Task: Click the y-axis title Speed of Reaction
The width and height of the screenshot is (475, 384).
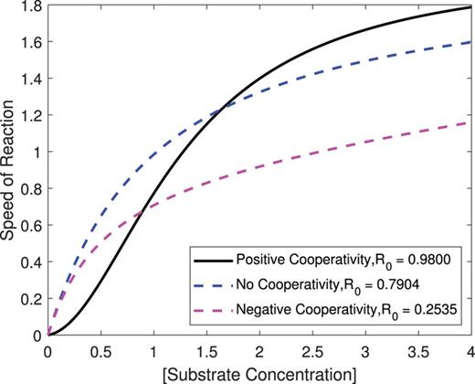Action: [10, 170]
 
